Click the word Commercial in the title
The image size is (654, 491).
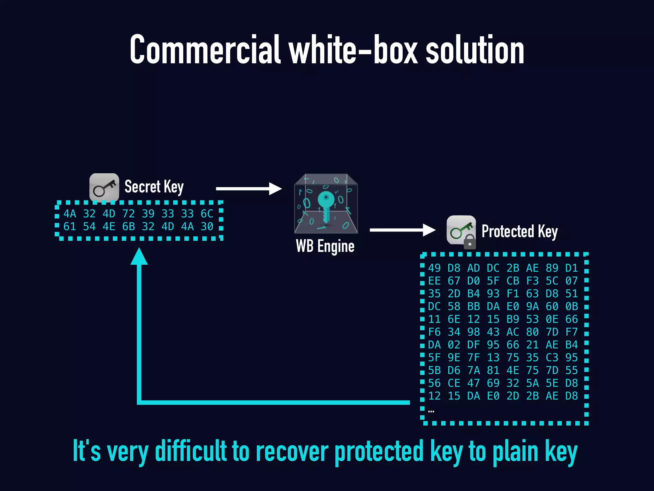(205, 50)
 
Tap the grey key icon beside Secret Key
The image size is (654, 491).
(104, 188)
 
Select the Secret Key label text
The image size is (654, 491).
(154, 187)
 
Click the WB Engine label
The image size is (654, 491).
(325, 246)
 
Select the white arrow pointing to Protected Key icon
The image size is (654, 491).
(402, 230)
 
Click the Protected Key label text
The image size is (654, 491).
(520, 231)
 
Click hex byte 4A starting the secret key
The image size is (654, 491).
(70, 214)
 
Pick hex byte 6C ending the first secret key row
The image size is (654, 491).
(207, 214)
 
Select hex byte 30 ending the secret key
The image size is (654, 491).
(207, 227)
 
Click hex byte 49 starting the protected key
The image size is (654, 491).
(434, 268)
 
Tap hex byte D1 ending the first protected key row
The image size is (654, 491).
(572, 268)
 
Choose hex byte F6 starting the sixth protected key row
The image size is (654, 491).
(434, 332)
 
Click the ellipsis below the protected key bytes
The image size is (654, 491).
(431, 411)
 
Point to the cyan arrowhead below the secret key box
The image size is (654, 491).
(139, 257)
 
